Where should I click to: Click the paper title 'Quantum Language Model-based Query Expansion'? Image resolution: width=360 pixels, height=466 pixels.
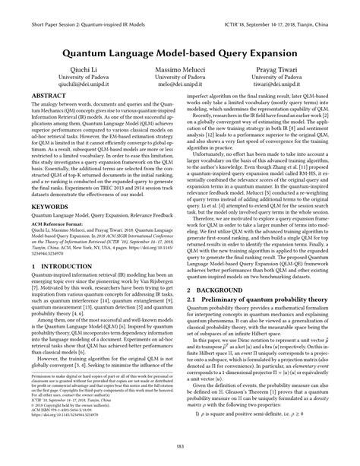[x=180, y=55]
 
